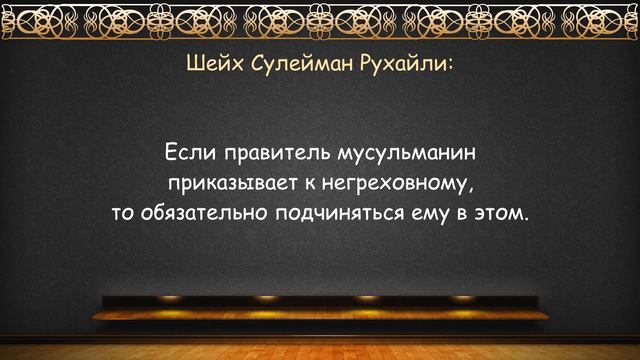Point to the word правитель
[x=272, y=155]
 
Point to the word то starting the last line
[x=124, y=215]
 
